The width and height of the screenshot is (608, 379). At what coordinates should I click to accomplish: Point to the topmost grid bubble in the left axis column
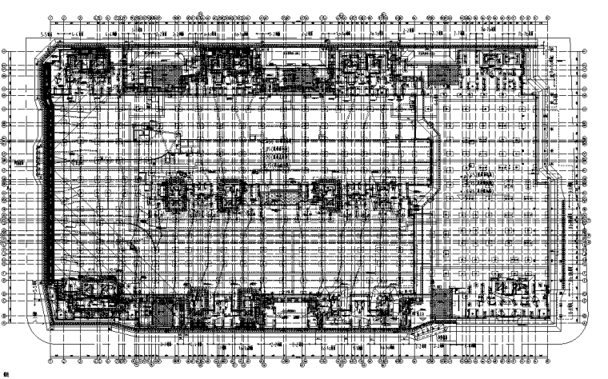tap(6, 50)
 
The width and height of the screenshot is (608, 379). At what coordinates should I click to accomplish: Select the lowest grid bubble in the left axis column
tap(6, 325)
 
